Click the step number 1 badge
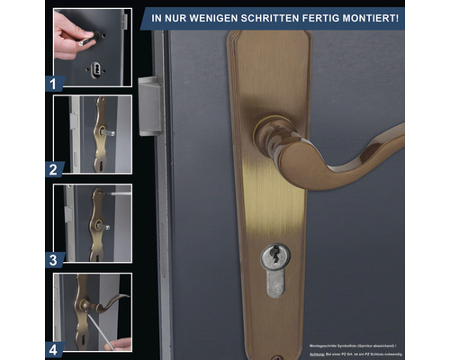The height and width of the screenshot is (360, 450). [x=55, y=83]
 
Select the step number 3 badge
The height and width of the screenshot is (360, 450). [x=55, y=258]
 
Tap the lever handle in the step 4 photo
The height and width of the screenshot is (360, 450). [x=108, y=301]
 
